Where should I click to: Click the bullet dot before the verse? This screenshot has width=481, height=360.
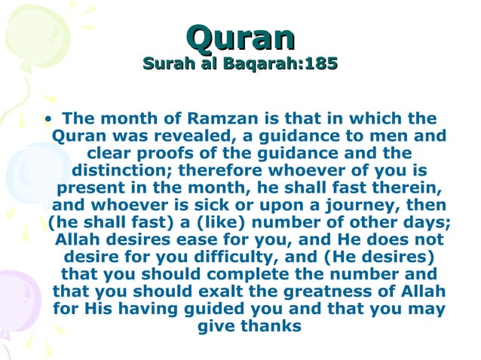(49, 119)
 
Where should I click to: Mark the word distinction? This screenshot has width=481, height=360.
(123, 171)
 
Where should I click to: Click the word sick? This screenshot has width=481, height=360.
(209, 206)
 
